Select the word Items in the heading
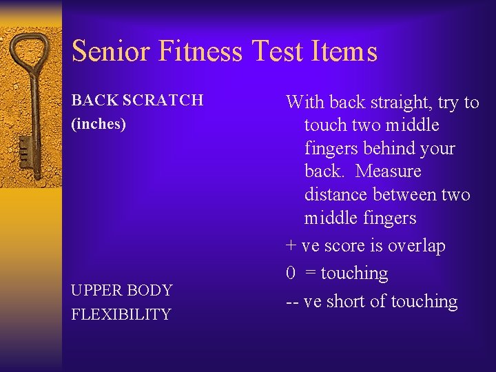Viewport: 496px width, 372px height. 349,52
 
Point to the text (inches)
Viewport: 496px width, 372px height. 99,125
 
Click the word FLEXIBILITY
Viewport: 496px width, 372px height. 121,315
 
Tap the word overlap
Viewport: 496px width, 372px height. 417,246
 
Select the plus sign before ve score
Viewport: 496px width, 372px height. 291,247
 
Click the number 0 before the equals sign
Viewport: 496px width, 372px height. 291,273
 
